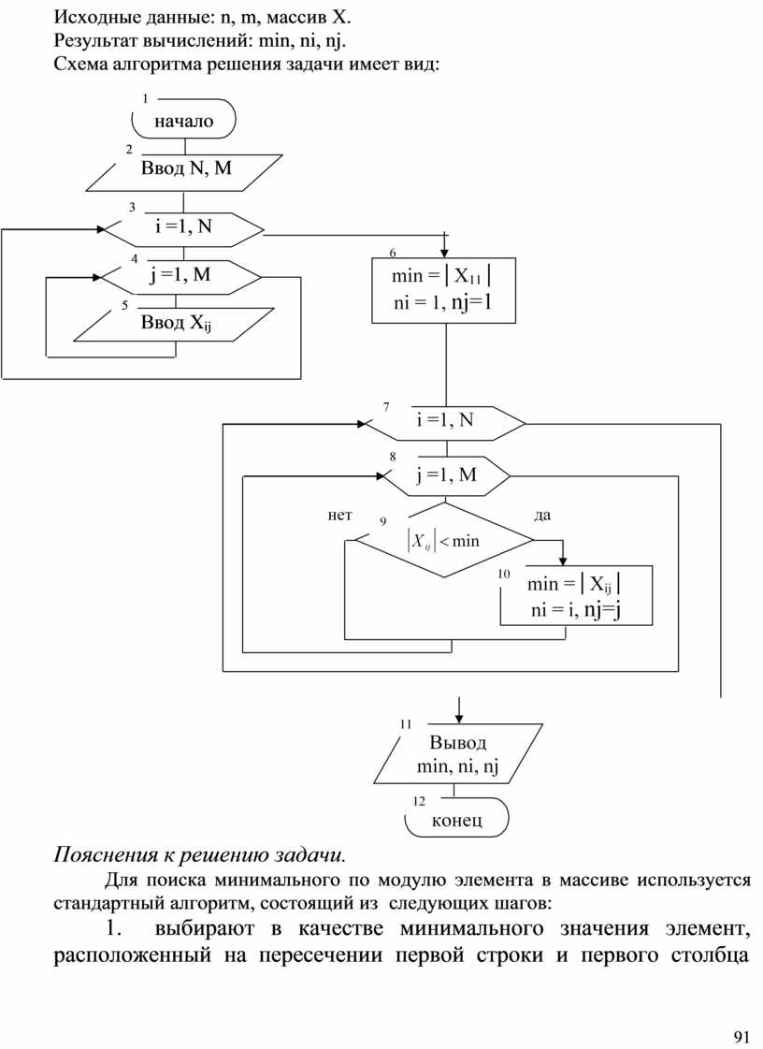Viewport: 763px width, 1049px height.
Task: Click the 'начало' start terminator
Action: point(183,121)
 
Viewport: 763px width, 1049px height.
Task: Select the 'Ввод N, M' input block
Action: point(188,169)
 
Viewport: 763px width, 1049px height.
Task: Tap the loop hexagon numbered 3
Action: point(183,226)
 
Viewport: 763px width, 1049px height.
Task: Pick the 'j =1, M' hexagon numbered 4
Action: point(180,276)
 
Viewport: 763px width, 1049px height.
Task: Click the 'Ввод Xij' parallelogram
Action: point(172,324)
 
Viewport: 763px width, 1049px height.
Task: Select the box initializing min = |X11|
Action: point(443,289)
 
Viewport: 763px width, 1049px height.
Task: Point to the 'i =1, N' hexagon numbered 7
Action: point(445,421)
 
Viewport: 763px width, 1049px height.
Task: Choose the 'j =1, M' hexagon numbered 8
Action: point(445,475)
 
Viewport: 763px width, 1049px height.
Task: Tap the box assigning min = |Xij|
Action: point(575,597)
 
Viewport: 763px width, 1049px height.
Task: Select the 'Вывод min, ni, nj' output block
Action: point(458,755)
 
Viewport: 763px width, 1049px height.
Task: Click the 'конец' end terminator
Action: point(457,821)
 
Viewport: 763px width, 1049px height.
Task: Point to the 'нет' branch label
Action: point(339,515)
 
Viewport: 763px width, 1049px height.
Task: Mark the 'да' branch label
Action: point(542,515)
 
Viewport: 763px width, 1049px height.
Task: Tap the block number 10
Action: point(504,574)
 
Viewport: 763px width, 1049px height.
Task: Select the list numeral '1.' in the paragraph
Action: point(114,929)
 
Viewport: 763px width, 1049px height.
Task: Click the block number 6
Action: point(392,253)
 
